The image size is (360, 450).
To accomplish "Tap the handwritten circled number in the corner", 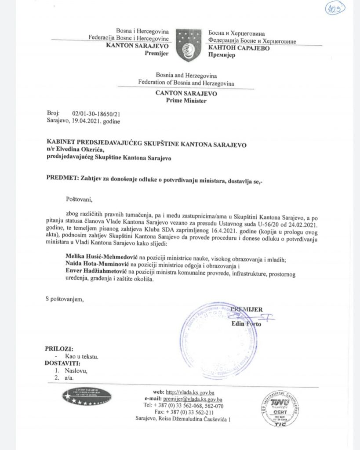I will pos(336,10).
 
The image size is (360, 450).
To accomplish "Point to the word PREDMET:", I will pos(61,177).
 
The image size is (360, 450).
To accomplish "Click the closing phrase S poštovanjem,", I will pos(64,300).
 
